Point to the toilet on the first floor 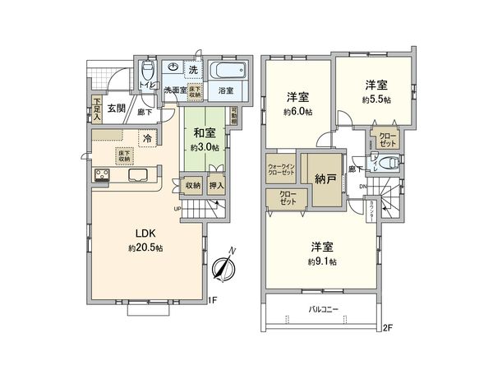[147, 67]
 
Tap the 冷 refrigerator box [148, 138]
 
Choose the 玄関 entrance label [114, 108]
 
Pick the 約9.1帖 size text [321, 261]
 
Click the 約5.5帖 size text [376, 98]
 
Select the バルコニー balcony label [325, 309]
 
